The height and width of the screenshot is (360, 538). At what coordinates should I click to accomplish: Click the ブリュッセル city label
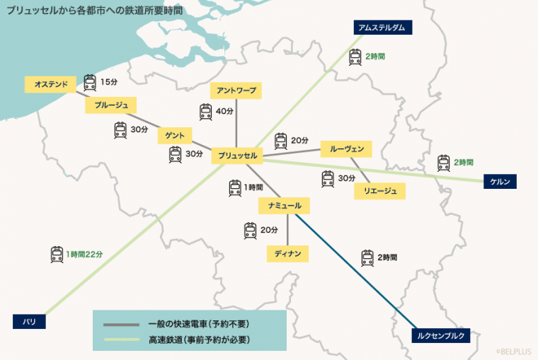[x=237, y=155]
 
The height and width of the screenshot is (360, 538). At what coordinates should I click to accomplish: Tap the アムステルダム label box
[x=382, y=28]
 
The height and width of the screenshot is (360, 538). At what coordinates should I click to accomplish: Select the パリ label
[x=29, y=322]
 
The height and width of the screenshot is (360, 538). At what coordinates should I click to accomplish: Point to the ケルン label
[x=500, y=181]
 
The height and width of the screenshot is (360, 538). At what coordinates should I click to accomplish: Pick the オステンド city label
[x=50, y=84]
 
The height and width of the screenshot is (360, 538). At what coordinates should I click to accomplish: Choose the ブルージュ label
[x=110, y=105]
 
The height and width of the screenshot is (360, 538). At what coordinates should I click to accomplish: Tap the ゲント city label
[x=175, y=134]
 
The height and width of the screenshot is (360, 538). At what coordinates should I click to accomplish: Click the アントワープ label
[x=236, y=91]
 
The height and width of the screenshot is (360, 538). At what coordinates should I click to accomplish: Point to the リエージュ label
[x=379, y=191]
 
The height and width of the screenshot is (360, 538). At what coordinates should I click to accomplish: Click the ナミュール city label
[x=284, y=206]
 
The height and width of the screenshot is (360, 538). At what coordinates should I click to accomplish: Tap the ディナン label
[x=287, y=252]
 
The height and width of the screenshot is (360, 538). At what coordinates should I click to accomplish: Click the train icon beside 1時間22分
[x=57, y=254]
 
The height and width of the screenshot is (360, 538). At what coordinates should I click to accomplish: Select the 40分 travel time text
[x=225, y=112]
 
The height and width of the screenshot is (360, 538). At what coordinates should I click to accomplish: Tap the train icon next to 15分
[x=90, y=83]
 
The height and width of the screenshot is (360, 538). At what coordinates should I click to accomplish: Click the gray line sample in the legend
[x=122, y=324]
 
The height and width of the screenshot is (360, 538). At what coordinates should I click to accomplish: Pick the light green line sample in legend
[x=122, y=340]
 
